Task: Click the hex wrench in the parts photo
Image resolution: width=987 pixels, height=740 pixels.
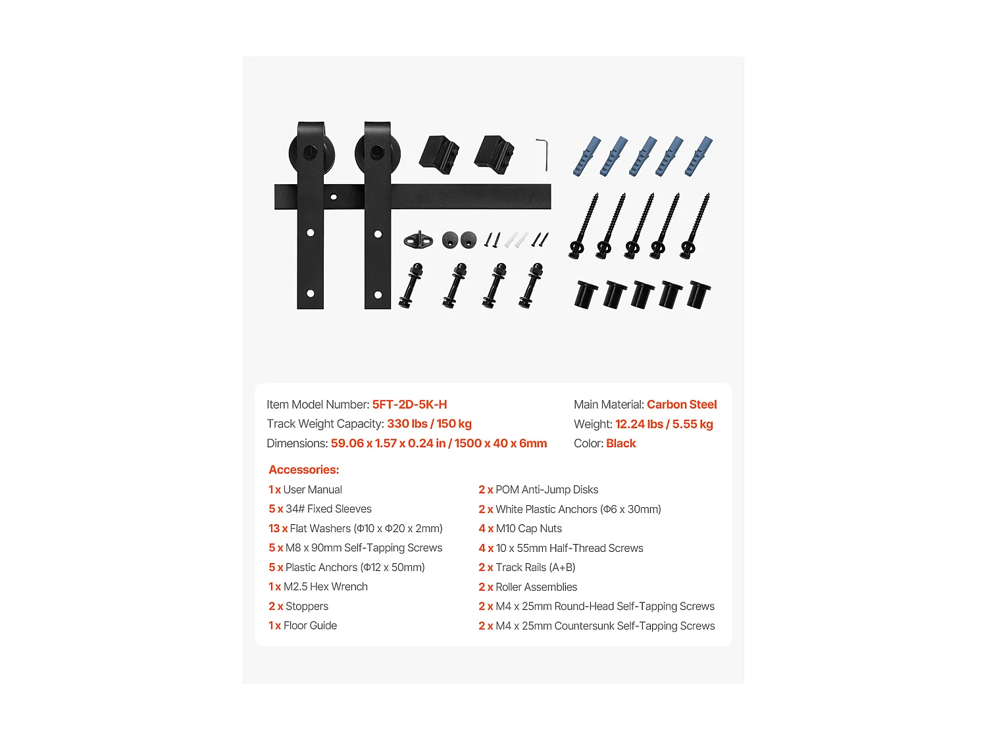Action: click(542, 153)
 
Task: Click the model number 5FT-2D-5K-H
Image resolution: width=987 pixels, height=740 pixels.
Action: click(409, 405)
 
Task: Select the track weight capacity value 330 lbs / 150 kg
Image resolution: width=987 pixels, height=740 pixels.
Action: click(429, 424)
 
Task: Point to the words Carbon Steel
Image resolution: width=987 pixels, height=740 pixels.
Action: click(681, 405)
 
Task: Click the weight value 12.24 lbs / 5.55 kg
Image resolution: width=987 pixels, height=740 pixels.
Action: click(663, 424)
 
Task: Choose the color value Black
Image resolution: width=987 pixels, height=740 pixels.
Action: click(620, 443)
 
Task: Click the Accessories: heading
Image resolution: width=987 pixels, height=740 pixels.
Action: click(304, 470)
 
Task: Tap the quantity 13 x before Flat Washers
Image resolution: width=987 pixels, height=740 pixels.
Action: click(278, 528)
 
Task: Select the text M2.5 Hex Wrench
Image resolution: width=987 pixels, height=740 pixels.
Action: click(325, 587)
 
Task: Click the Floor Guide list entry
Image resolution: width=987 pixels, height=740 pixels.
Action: click(310, 626)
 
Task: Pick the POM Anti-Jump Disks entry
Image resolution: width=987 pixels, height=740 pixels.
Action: click(546, 489)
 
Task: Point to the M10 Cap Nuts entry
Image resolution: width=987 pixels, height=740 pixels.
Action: click(528, 528)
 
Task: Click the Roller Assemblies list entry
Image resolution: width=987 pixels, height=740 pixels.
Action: click(536, 587)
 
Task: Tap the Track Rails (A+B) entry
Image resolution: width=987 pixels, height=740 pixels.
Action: click(535, 567)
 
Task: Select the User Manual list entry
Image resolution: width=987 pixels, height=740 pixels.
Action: click(313, 489)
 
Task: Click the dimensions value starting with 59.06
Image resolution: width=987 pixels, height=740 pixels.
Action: click(438, 443)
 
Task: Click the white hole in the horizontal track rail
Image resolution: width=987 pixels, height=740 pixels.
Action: click(334, 197)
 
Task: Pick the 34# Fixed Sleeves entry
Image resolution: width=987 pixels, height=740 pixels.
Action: click(328, 509)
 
